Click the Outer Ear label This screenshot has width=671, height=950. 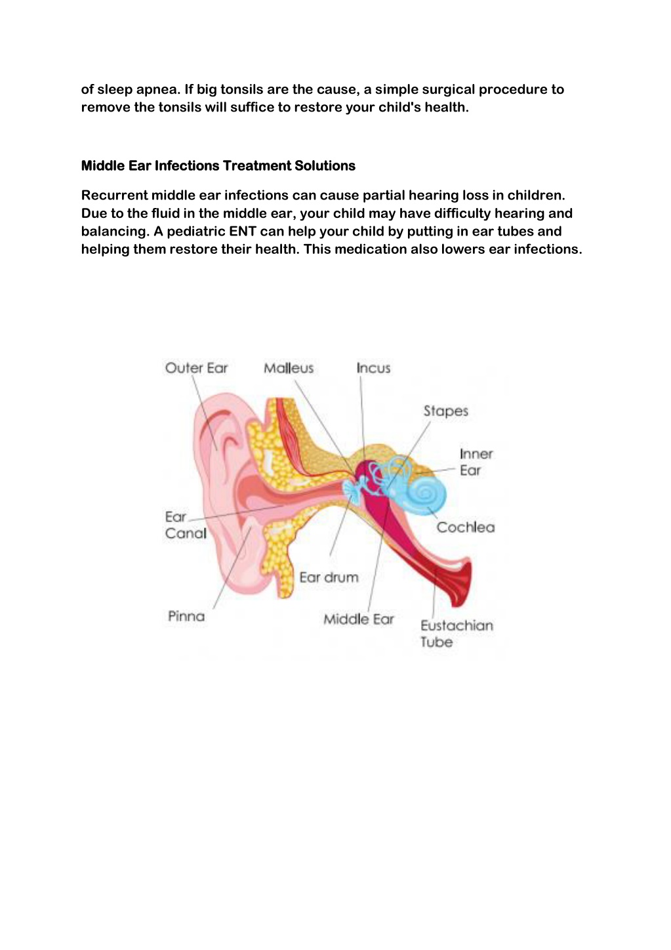(x=196, y=367)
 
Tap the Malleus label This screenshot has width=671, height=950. (x=289, y=367)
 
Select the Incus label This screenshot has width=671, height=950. (x=373, y=367)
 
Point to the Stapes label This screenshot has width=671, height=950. (x=446, y=411)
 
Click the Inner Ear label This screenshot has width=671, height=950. (x=476, y=462)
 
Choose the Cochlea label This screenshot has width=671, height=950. (x=466, y=527)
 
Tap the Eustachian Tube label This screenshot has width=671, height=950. (x=457, y=633)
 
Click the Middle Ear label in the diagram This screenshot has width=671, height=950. (x=359, y=619)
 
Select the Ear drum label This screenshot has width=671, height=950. (x=329, y=577)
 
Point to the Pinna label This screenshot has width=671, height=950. (x=186, y=616)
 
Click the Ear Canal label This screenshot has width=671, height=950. (x=186, y=525)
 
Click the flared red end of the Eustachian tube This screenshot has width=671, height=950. (x=462, y=582)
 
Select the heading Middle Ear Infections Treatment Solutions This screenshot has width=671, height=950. (x=218, y=165)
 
